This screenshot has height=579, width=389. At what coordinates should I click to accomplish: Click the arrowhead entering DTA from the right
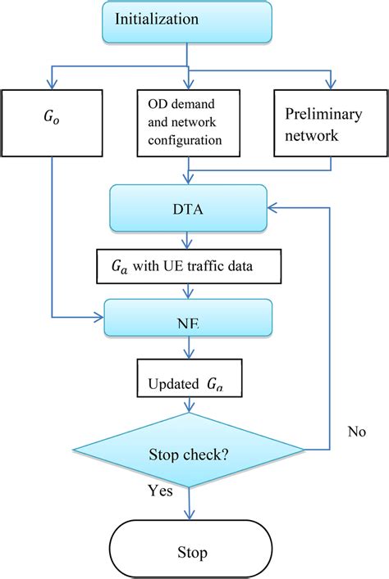[x=277, y=210]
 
